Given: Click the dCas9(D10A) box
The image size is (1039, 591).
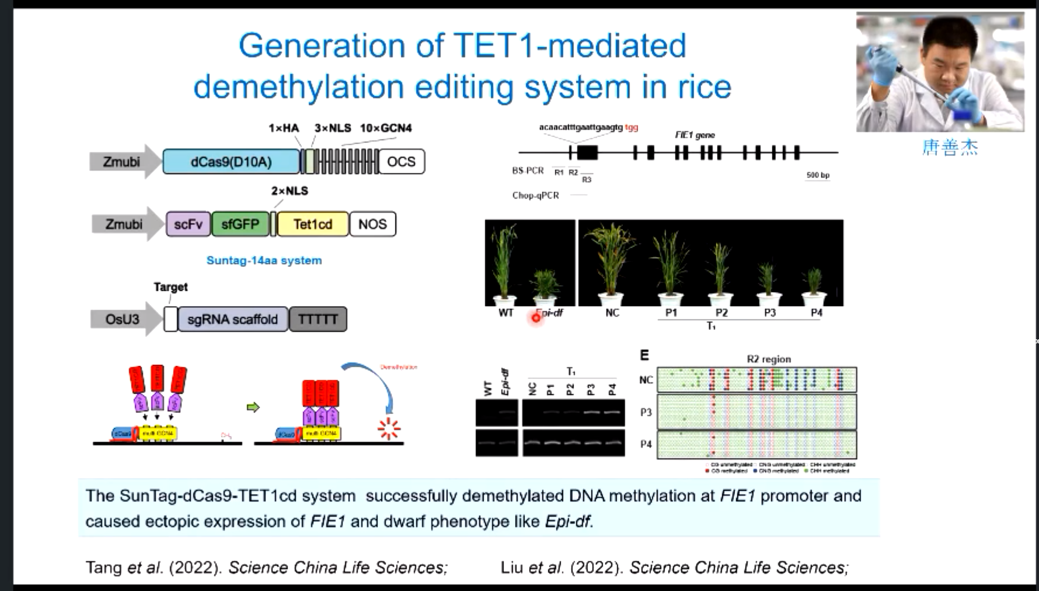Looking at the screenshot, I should tap(231, 162).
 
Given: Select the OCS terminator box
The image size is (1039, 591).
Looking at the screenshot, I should tap(401, 162).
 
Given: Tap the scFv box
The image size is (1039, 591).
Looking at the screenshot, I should tap(188, 224).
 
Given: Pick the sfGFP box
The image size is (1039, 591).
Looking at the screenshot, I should tap(240, 224).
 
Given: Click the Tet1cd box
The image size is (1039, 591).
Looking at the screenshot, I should tap(313, 224).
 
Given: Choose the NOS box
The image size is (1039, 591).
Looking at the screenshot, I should tap(372, 224).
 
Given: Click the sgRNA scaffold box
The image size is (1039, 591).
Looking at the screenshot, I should tap(232, 319).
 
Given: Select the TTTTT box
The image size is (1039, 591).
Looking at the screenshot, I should tap(318, 319).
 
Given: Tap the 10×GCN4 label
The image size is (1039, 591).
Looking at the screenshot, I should tap(386, 128).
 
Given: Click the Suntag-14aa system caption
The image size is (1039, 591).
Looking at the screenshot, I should tap(264, 260).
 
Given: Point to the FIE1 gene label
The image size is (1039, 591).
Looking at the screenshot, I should tap(695, 135).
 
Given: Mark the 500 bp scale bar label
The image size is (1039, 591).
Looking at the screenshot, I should tap(817, 175).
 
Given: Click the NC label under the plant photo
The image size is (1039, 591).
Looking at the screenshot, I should tap(612, 313).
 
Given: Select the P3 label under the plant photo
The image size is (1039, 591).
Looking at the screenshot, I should tap(769, 313).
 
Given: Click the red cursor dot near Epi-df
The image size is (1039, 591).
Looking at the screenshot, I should tap(536, 318).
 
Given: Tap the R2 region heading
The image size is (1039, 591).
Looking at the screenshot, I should tap(769, 359).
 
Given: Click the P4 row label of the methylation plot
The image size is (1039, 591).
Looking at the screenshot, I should tap(646, 444).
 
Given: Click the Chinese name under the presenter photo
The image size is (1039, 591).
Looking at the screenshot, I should tap(949, 147).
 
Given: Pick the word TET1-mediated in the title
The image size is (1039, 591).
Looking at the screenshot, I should tap(569, 46).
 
